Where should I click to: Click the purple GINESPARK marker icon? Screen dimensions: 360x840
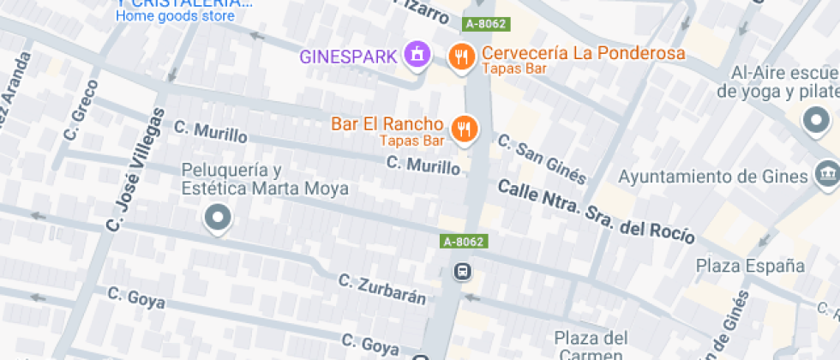[x=417, y=56]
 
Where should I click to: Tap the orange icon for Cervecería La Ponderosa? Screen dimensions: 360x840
[x=462, y=57]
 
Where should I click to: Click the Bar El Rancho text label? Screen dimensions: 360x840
[x=387, y=124]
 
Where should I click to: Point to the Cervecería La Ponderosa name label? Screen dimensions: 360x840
[x=584, y=53]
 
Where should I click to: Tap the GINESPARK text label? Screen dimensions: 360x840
[x=348, y=57]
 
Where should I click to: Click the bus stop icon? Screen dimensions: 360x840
[x=462, y=273]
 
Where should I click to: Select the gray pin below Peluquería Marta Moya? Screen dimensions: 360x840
[x=217, y=218]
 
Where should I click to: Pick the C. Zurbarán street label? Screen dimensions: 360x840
[x=382, y=290]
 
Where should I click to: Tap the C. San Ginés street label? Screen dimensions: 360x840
[x=543, y=159]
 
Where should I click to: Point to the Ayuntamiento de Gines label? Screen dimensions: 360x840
[x=713, y=177]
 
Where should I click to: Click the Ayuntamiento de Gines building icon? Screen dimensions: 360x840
[x=826, y=175]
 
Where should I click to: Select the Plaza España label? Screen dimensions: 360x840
[x=750, y=265]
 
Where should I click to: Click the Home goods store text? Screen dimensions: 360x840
[x=175, y=15]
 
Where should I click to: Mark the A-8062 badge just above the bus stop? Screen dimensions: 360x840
[x=464, y=242]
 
